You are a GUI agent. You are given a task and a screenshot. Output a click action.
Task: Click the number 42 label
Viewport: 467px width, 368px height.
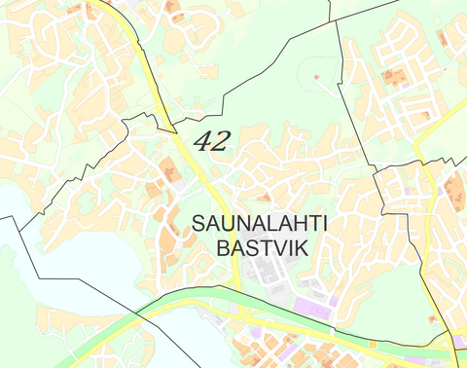pos(212,141)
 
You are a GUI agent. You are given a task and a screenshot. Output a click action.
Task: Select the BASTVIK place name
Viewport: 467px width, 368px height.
pos(262,248)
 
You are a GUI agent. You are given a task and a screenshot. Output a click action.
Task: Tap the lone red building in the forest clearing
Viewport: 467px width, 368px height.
pos(314,76)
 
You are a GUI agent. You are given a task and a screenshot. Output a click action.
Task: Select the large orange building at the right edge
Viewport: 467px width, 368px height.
pos(454,190)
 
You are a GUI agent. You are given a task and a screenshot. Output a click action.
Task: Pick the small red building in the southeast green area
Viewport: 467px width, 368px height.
pos(434,318)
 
